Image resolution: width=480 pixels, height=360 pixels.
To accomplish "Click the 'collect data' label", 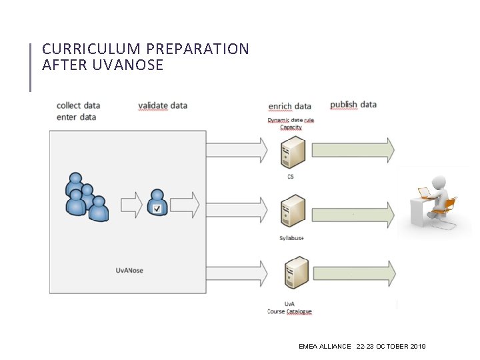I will (x=78, y=105).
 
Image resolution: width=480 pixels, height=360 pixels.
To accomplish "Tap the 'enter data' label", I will (x=76, y=117).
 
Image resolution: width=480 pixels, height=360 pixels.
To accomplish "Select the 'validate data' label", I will (x=163, y=105).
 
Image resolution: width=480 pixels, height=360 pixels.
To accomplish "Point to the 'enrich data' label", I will (x=289, y=106).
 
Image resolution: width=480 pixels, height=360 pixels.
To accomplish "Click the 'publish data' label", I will (x=353, y=105).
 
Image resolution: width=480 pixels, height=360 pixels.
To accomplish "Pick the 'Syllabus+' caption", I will (x=291, y=238).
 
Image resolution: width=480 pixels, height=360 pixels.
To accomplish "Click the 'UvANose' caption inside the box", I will (x=129, y=270).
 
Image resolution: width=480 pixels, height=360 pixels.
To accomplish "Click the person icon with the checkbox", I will (x=157, y=203).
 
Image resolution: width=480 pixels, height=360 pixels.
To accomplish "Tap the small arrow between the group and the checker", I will (x=132, y=205).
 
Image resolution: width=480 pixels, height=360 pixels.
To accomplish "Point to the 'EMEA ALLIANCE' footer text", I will (x=325, y=347).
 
